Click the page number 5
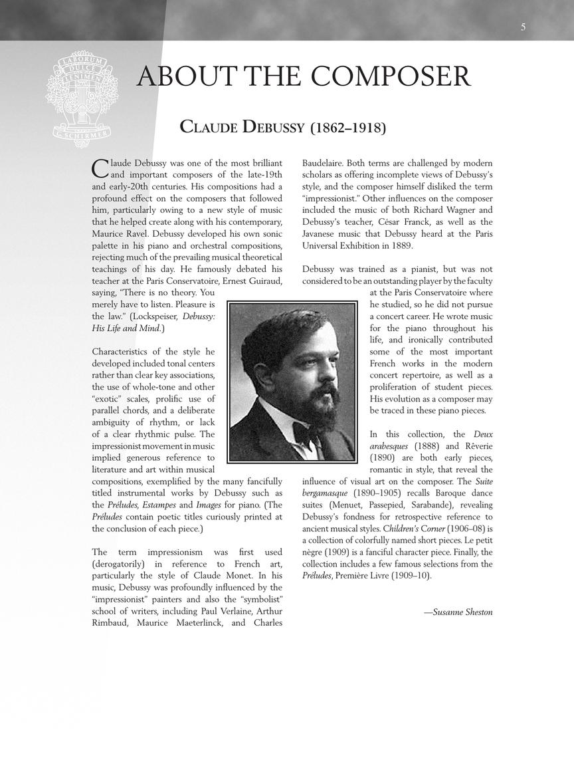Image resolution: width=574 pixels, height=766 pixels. click(524, 27)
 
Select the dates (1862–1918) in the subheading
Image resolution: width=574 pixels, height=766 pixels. click(347, 127)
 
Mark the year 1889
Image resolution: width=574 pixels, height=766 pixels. click(401, 246)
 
